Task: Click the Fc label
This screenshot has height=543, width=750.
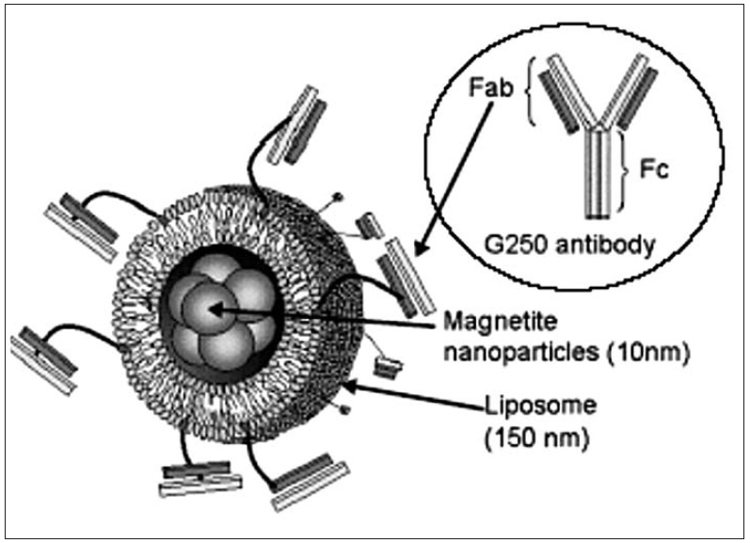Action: [658, 176]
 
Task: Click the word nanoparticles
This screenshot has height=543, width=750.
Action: [498, 355]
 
